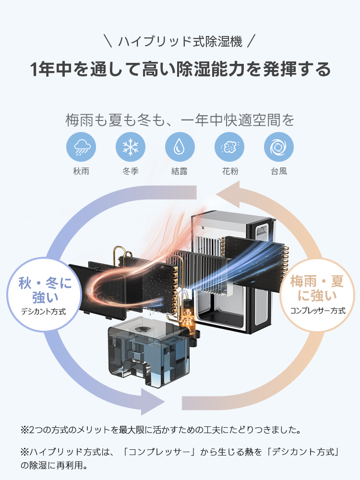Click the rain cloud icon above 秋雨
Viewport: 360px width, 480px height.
pyautogui.click(x=81, y=147)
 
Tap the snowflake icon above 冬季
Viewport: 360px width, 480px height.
pyautogui.click(x=131, y=147)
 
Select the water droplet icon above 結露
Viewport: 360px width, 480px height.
pyautogui.click(x=180, y=147)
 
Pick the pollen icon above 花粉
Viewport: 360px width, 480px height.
pyautogui.click(x=229, y=147)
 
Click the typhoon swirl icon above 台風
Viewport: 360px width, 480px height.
pyautogui.click(x=279, y=147)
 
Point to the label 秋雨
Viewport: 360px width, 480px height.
pyautogui.click(x=81, y=171)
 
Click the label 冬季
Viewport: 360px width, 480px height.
pyautogui.click(x=131, y=171)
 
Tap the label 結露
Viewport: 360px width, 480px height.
pyautogui.click(x=180, y=171)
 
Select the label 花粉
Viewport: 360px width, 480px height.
pyautogui.click(x=229, y=171)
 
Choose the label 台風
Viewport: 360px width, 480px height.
pyautogui.click(x=279, y=171)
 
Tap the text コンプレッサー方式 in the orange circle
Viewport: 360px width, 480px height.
pyautogui.click(x=317, y=311)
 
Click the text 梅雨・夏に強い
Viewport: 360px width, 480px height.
pyautogui.click(x=317, y=288)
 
